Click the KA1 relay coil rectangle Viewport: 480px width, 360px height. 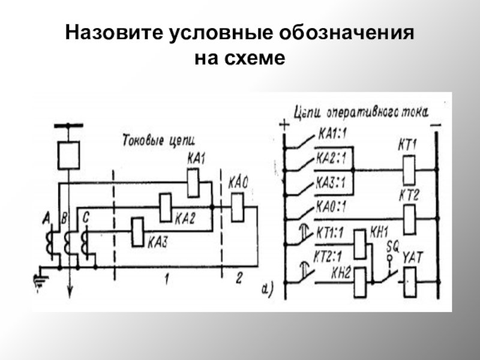pos(194,182)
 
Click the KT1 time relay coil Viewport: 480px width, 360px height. pos(408,170)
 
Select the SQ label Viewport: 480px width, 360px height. pos(392,245)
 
